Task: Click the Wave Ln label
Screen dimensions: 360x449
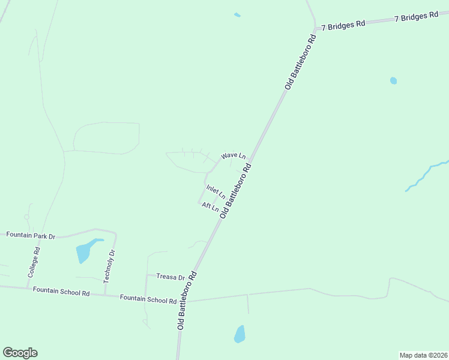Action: click(234, 156)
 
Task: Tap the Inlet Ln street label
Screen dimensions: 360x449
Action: click(215, 192)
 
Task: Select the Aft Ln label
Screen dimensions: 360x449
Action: click(210, 207)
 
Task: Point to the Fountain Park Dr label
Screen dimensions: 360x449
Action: click(31, 235)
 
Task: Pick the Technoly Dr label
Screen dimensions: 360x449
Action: click(109, 266)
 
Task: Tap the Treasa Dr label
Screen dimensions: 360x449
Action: click(170, 277)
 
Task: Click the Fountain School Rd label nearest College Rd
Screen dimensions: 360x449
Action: click(61, 292)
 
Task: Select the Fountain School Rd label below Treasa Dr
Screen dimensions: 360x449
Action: click(148, 298)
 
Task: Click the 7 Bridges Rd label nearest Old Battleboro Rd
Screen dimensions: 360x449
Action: click(343, 25)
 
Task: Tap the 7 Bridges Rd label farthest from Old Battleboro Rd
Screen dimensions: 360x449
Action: click(417, 16)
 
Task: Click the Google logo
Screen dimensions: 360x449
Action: click(20, 353)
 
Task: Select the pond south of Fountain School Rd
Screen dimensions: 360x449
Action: click(240, 334)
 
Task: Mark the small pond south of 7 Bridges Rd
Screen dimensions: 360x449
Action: click(393, 80)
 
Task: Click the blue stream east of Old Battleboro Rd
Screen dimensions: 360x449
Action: click(423, 176)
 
